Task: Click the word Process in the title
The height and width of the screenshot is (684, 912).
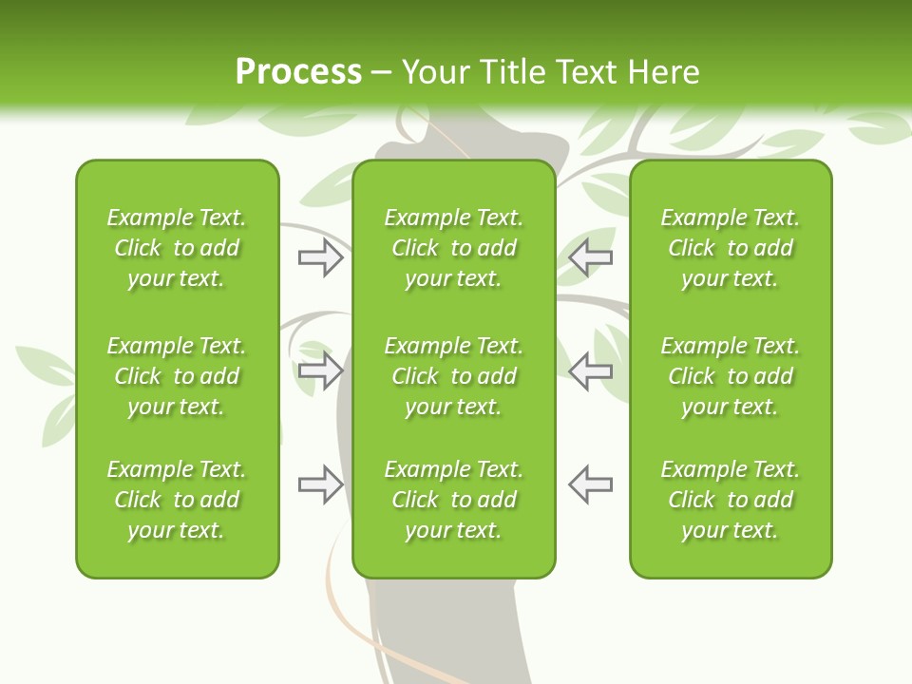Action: coord(298,72)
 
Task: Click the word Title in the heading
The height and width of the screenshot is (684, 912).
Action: coord(509,72)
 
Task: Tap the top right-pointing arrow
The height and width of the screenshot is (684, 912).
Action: coord(320,257)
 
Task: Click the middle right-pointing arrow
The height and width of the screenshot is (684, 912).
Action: coord(320,370)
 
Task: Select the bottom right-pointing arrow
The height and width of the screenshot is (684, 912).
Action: coord(320,484)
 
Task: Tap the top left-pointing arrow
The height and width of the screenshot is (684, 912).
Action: coord(590,257)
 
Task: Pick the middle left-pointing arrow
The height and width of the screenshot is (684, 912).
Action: coord(590,370)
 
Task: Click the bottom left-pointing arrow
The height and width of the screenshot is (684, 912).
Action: coord(590,484)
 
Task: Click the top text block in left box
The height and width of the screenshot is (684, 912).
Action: coord(177,248)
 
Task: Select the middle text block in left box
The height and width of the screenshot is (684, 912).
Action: coord(177,376)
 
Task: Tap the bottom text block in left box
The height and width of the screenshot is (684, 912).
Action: coord(177,500)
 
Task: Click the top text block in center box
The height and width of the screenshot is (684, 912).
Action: coord(453,248)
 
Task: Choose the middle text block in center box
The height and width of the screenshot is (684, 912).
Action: coord(453,376)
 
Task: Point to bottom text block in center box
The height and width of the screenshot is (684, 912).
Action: coord(453,500)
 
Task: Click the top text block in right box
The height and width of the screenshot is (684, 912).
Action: coord(730,248)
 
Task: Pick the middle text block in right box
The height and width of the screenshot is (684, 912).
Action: coord(730,376)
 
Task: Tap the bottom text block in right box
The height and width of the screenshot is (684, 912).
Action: coord(730,500)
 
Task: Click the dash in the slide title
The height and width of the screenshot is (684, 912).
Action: coord(382,73)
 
